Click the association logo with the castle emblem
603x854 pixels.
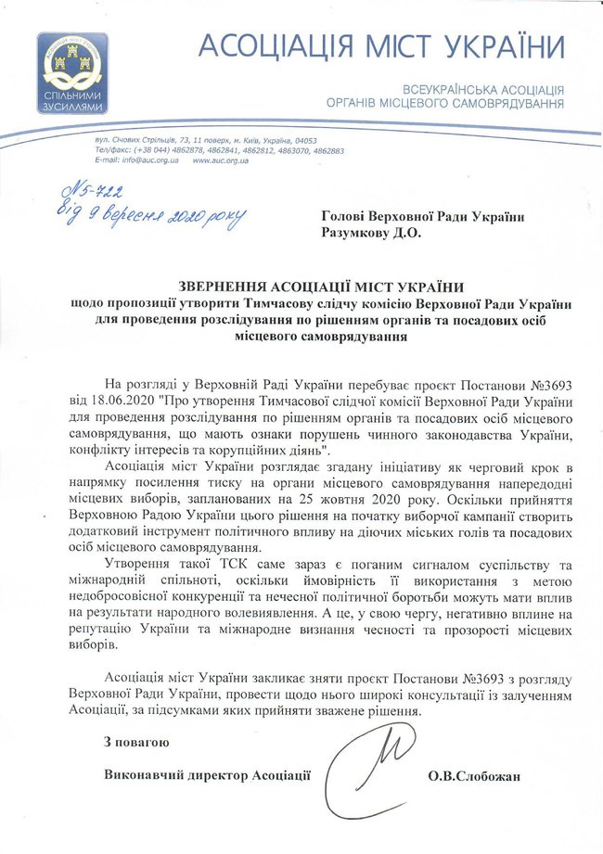[73, 73]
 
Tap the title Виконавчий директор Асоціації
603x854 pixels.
[207, 774]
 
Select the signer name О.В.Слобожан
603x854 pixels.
[471, 774]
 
